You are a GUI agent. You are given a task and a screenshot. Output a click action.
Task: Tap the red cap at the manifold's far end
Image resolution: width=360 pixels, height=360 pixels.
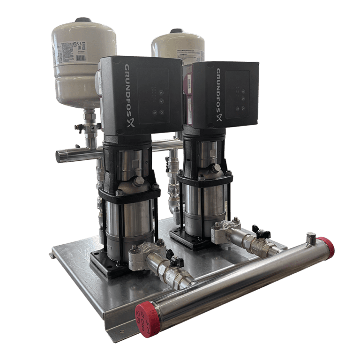327,247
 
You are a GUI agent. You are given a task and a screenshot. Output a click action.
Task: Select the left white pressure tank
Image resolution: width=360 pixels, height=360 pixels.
82,61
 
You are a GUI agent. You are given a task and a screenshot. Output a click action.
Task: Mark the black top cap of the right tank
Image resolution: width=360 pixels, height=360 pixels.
177,30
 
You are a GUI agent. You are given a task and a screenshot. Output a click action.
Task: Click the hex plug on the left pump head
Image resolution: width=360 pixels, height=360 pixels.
140,180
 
